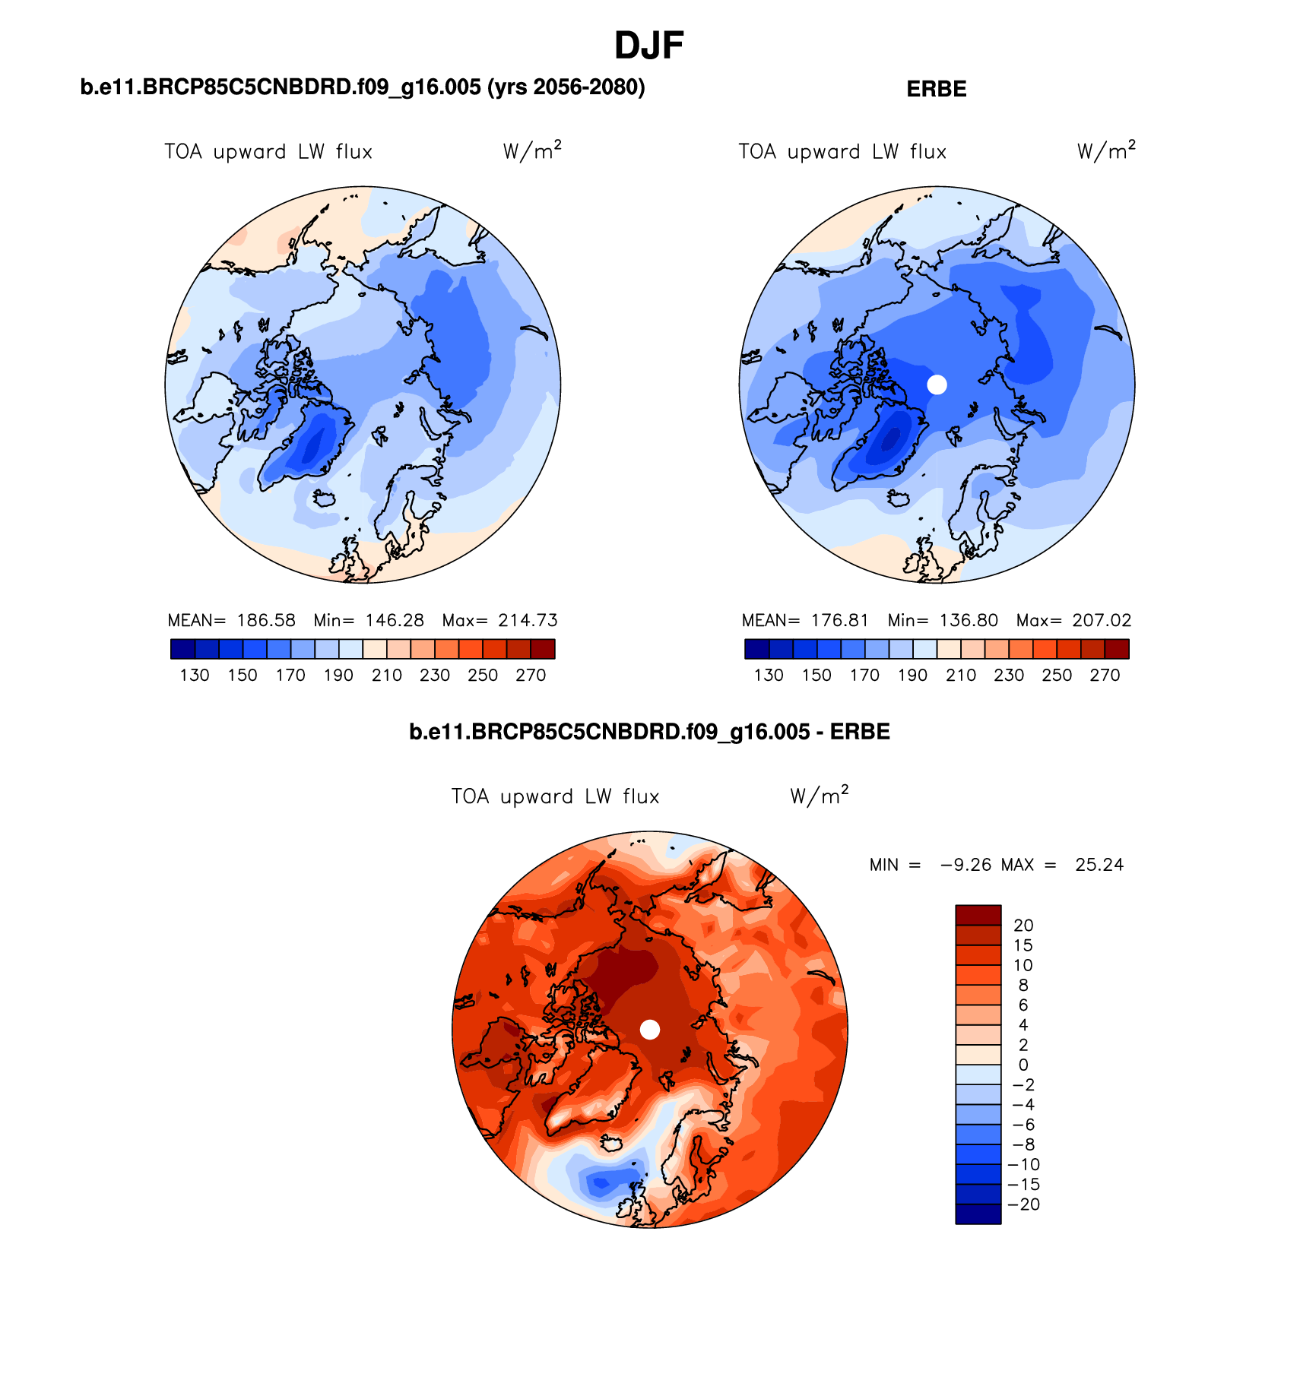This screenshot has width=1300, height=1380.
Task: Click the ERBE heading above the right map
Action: pos(936,89)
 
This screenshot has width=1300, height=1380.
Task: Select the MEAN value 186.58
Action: pos(266,620)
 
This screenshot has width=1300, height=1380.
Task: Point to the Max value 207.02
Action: pos(1102,620)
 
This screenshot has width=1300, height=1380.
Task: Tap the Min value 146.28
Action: pos(395,620)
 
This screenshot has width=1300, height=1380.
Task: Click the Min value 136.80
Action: pos(969,620)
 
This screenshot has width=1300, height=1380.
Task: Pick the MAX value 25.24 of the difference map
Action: pos(1099,865)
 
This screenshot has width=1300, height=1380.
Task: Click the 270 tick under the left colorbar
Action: pos(531,675)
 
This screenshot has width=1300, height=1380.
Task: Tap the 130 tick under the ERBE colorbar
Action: pos(769,675)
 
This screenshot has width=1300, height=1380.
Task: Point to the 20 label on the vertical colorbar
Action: pos(1023,926)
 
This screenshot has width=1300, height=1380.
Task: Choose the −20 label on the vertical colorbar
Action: pos(1023,1204)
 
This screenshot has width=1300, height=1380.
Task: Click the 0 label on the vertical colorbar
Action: pos(1023,1065)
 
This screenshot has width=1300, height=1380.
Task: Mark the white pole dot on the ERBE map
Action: pos(937,385)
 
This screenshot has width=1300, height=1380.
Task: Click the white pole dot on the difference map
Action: pos(650,1029)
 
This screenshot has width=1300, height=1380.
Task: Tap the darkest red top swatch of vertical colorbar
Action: pos(978,915)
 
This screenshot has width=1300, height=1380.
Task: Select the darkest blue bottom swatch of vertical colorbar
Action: pos(978,1214)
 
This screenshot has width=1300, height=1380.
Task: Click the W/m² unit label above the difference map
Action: pos(819,796)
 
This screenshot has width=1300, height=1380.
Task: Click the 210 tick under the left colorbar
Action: pos(387,675)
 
